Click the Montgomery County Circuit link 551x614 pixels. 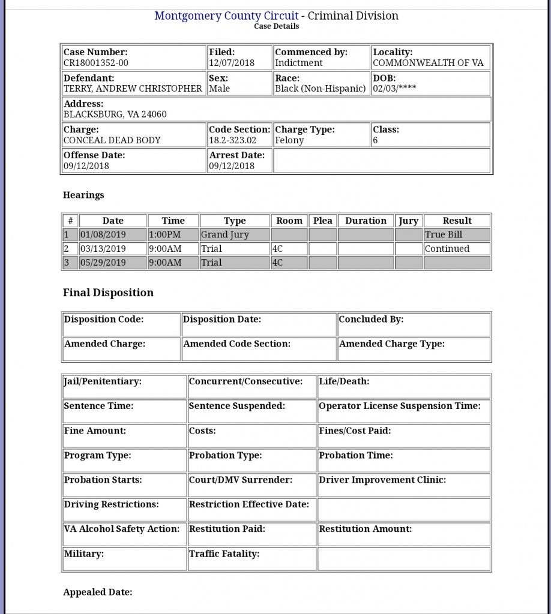tap(226, 16)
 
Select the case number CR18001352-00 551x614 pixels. tap(96, 63)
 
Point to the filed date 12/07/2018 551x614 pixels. tap(232, 63)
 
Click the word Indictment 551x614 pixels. tap(298, 63)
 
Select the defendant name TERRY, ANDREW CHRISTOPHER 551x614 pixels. tap(133, 89)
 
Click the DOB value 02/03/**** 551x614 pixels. tap(394, 89)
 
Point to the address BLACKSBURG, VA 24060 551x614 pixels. tap(115, 114)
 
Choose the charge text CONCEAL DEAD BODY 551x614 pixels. tap(112, 140)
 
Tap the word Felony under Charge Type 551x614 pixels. tap(289, 140)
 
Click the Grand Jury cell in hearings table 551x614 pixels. tap(224, 235)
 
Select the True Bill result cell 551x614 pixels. tap(444, 235)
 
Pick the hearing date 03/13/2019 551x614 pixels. tap(103, 249)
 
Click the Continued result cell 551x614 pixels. tap(447, 249)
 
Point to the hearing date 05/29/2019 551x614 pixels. tap(103, 263)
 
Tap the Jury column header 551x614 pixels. tap(409, 221)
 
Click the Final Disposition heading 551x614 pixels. tap(108, 293)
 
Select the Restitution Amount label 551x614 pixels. tap(365, 529)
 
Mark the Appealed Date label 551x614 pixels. tap(97, 592)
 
